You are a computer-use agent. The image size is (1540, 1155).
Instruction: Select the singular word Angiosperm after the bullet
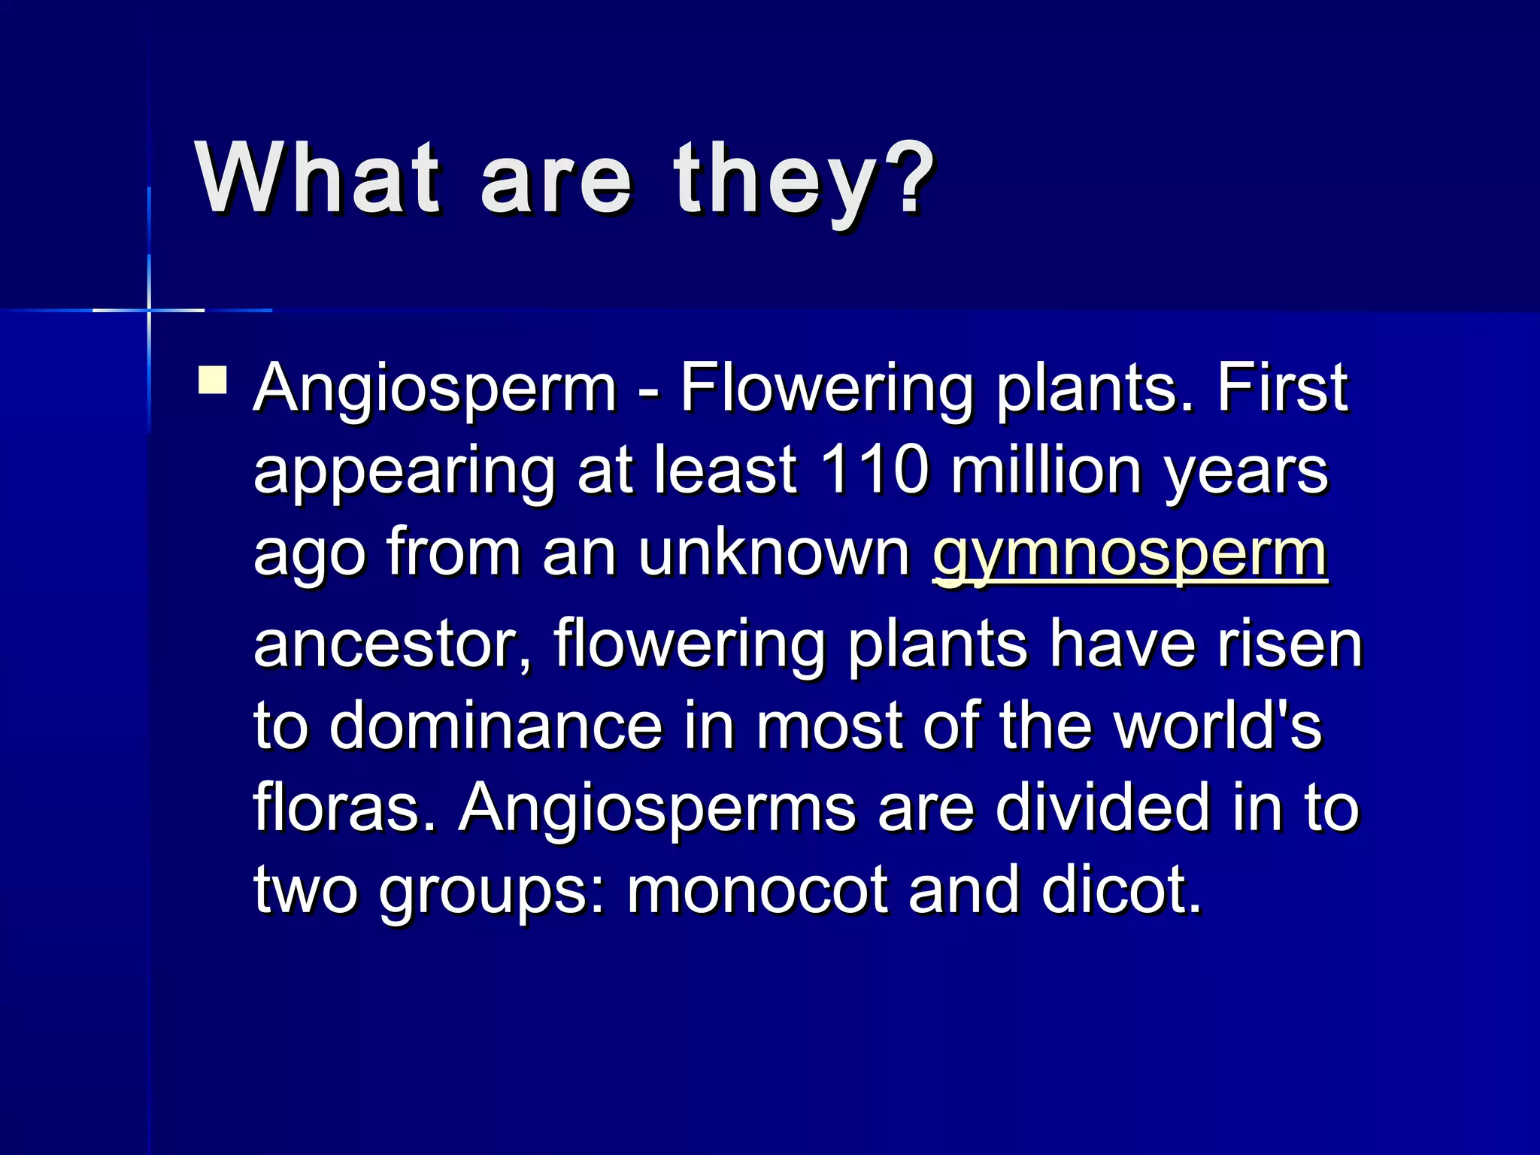pos(435,390)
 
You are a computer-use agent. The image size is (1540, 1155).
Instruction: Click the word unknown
pos(775,553)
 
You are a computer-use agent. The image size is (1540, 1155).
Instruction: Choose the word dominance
pos(496,726)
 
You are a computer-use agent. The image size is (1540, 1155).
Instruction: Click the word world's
pos(1217,726)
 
